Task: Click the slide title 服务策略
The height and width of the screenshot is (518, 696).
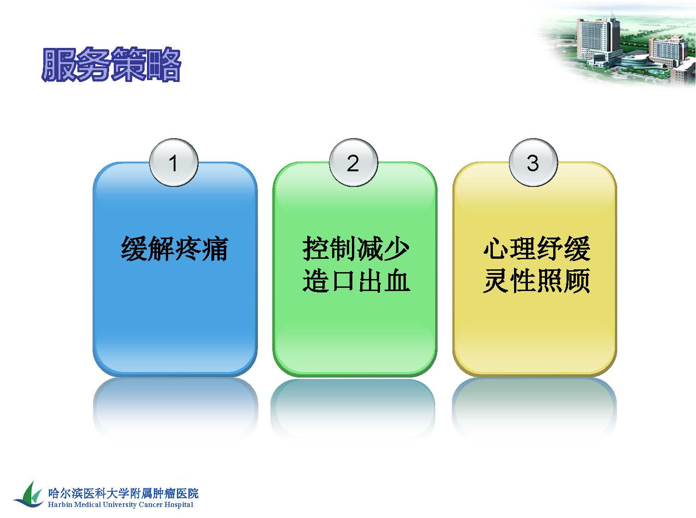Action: [x=111, y=64]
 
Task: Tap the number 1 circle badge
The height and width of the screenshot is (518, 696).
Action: [x=174, y=163]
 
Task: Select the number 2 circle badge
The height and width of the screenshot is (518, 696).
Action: [x=353, y=163]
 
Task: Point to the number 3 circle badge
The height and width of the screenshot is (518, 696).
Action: [x=533, y=163]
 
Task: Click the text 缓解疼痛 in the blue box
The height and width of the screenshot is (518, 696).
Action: [x=174, y=249]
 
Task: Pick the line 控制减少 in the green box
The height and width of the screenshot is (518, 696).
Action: [x=356, y=249]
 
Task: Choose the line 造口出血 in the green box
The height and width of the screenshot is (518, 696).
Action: [x=356, y=280]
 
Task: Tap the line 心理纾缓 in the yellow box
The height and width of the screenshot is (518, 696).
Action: [x=537, y=249]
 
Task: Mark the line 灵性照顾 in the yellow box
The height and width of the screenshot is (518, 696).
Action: [x=537, y=280]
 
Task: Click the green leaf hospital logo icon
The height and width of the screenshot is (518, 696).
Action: [x=29, y=495]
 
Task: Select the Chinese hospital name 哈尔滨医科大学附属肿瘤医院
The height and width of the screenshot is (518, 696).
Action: [x=123, y=493]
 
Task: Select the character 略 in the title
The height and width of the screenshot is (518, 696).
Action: [x=164, y=64]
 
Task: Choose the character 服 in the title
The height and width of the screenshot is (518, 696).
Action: [x=58, y=64]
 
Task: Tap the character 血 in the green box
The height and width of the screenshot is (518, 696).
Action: [x=397, y=280]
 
